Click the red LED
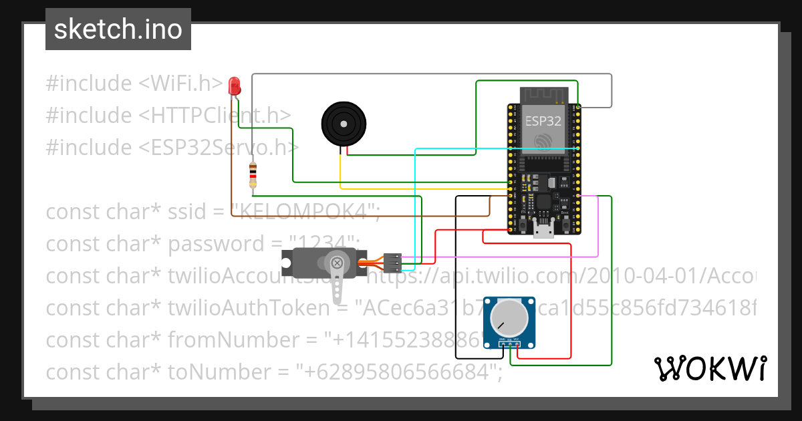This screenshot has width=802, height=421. click(234, 86)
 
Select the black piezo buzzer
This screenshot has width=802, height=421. click(344, 123)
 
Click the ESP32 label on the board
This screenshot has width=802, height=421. click(543, 122)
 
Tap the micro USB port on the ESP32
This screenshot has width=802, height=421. click(544, 231)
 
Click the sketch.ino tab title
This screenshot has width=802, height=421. click(118, 29)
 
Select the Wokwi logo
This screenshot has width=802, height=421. click(710, 368)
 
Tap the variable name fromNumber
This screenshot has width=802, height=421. click(235, 340)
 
